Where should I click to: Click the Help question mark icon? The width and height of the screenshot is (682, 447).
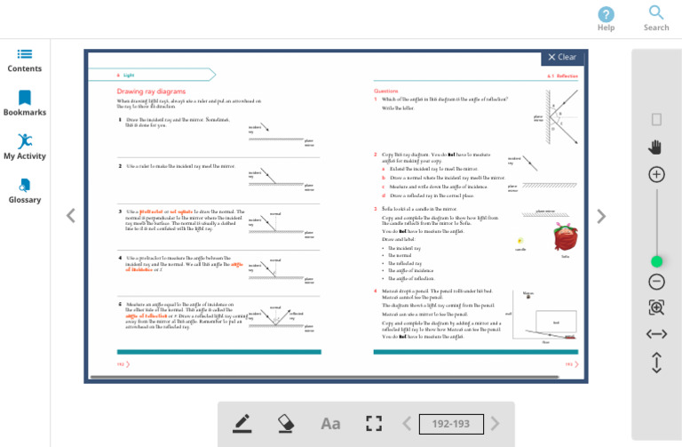tap(606, 14)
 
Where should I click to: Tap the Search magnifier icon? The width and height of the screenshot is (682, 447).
tap(656, 13)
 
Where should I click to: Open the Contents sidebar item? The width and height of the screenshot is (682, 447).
tap(25, 55)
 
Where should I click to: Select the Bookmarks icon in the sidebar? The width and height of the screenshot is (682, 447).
tap(25, 98)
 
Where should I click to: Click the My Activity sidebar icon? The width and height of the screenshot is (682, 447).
tap(25, 141)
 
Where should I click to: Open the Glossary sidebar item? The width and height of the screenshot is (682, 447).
tap(25, 185)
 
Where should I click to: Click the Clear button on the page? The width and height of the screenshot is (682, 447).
tap(562, 57)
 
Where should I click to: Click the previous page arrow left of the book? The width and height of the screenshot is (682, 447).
tap(71, 215)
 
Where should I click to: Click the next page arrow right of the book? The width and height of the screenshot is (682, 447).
tap(601, 216)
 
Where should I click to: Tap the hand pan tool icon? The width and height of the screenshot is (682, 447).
tap(656, 147)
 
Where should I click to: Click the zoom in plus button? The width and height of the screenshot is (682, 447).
tap(656, 174)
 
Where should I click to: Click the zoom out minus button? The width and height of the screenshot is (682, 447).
tap(656, 283)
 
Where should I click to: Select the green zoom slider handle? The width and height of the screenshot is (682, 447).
tap(656, 261)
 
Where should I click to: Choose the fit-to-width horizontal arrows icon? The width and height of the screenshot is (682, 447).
tap(656, 334)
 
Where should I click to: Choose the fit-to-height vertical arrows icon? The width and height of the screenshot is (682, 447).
tap(656, 363)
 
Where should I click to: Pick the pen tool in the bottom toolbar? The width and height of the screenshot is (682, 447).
tap(242, 423)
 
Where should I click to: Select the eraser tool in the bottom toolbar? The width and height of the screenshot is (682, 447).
tap(286, 423)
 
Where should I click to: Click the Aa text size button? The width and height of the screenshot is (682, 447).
tap(330, 424)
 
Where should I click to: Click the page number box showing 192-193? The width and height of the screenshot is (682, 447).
tap(451, 424)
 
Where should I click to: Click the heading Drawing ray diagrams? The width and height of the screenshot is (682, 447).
tap(151, 92)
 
